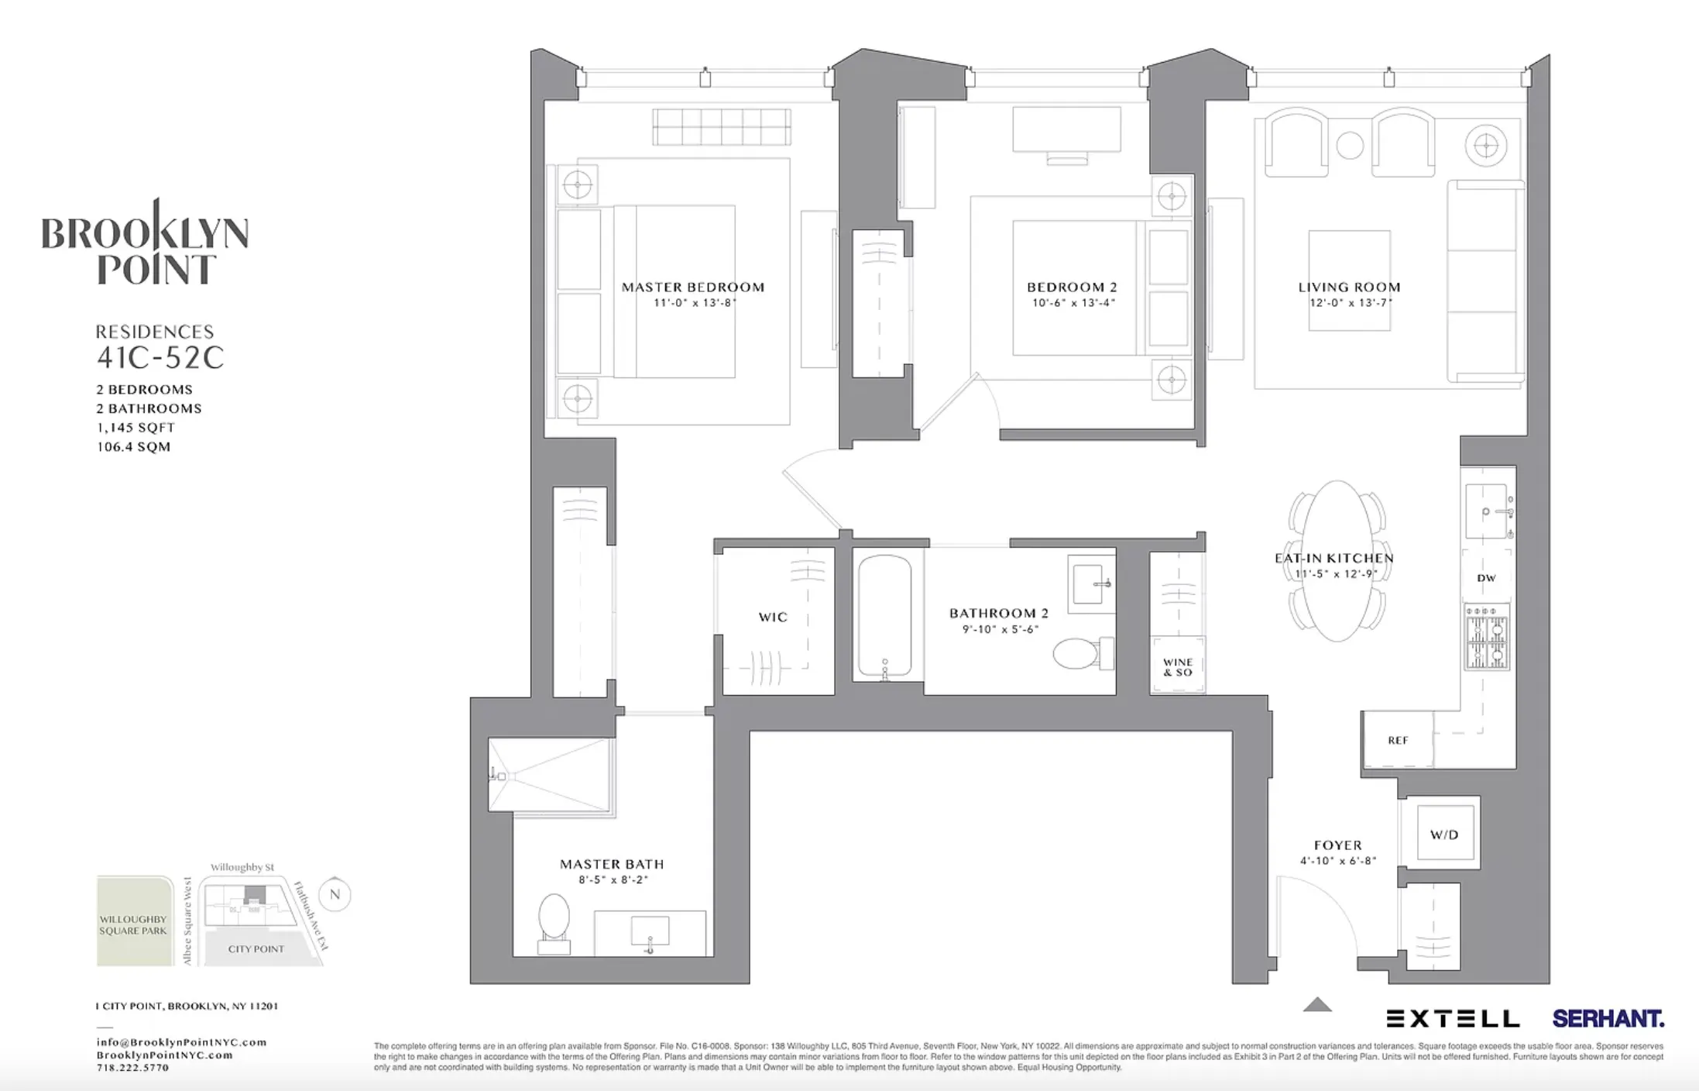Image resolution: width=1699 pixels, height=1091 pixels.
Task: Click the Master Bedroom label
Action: click(x=693, y=287)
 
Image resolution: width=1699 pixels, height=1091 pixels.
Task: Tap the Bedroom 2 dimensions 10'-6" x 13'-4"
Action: click(x=1073, y=303)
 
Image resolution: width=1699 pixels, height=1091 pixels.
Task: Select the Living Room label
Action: click(x=1349, y=287)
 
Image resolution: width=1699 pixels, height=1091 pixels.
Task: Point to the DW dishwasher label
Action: click(x=1486, y=578)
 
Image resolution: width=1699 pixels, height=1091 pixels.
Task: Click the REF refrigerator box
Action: click(x=1398, y=740)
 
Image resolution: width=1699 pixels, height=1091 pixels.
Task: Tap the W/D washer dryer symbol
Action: click(x=1444, y=834)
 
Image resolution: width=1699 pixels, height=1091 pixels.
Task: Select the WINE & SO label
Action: click(x=1178, y=667)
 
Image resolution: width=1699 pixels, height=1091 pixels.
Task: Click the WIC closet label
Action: click(x=773, y=617)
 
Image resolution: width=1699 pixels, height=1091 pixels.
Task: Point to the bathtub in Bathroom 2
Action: click(x=884, y=616)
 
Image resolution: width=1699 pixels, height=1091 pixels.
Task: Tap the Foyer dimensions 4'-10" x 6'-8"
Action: click(x=1338, y=861)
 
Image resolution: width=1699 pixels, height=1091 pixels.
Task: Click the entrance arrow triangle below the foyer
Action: click(x=1316, y=1006)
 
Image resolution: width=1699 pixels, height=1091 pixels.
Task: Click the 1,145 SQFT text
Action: click(x=136, y=427)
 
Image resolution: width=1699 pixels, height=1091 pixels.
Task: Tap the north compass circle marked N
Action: click(x=335, y=894)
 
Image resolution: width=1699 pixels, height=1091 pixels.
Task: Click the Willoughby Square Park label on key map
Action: click(x=133, y=924)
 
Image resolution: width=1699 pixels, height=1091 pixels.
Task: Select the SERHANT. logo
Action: click(x=1608, y=1018)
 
